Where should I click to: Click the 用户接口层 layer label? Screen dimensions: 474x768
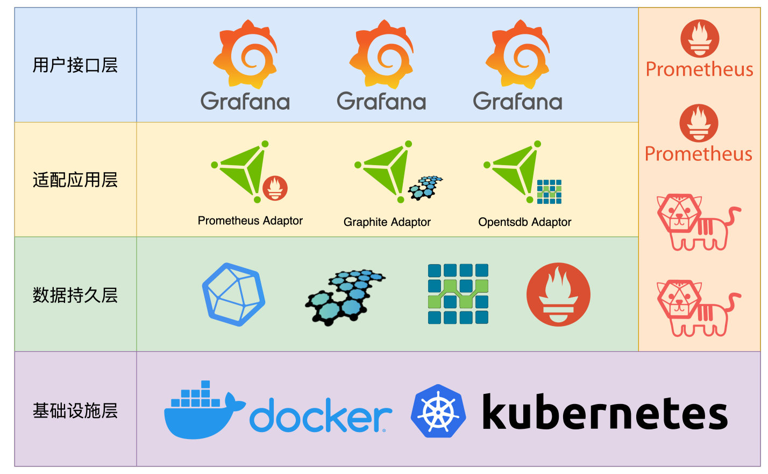point(75,65)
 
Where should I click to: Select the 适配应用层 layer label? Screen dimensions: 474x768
point(75,180)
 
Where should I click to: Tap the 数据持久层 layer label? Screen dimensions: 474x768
point(75,295)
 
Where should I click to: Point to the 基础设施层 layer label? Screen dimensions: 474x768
point(75,411)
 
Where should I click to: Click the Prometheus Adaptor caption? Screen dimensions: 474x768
point(250,221)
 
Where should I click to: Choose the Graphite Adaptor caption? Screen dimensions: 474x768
point(387,222)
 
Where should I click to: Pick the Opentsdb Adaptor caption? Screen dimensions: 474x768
point(524,222)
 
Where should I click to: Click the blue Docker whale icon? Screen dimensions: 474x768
point(202,412)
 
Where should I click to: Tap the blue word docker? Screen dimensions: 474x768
point(321,416)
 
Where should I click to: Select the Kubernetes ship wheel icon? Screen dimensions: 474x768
point(438,412)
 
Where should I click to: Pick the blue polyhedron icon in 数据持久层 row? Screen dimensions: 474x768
point(233,294)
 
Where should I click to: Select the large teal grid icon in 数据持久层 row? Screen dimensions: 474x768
point(458,294)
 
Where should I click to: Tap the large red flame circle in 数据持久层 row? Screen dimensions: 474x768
point(558,294)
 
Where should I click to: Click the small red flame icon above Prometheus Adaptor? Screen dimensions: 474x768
point(275,188)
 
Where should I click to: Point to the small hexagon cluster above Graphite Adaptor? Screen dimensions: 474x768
point(425,187)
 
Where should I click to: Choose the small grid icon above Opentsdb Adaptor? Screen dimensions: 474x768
point(549,192)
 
